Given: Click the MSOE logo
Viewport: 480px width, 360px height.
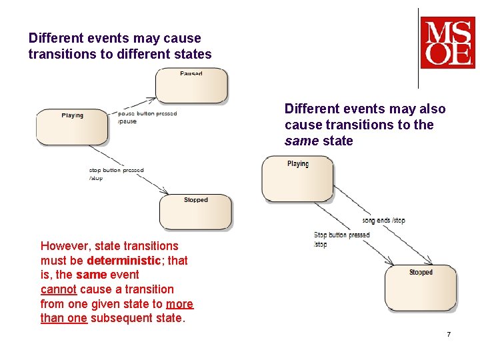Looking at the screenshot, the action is (x=447, y=43).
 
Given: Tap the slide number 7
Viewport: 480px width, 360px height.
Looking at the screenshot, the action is (x=449, y=334).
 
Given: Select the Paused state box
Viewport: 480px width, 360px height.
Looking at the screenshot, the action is (x=191, y=85).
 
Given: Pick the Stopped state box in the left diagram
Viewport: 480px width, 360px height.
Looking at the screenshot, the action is (x=195, y=211).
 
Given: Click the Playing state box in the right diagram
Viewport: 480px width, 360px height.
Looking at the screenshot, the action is (x=297, y=178).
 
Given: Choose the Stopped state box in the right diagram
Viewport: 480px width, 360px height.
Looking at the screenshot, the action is (x=421, y=287).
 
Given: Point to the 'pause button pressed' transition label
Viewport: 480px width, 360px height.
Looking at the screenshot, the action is (x=147, y=113).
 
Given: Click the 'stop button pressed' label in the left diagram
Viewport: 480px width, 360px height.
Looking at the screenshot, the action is (x=116, y=170).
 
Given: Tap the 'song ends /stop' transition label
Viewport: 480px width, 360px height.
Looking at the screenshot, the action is (x=383, y=220).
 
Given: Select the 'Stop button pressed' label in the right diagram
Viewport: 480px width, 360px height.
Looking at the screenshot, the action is (x=342, y=235).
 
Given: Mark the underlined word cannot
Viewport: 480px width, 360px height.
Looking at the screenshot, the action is (x=60, y=289).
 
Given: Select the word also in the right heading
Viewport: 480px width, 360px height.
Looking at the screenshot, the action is (x=430, y=109).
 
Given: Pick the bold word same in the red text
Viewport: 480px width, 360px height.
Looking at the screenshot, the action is (x=89, y=275).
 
